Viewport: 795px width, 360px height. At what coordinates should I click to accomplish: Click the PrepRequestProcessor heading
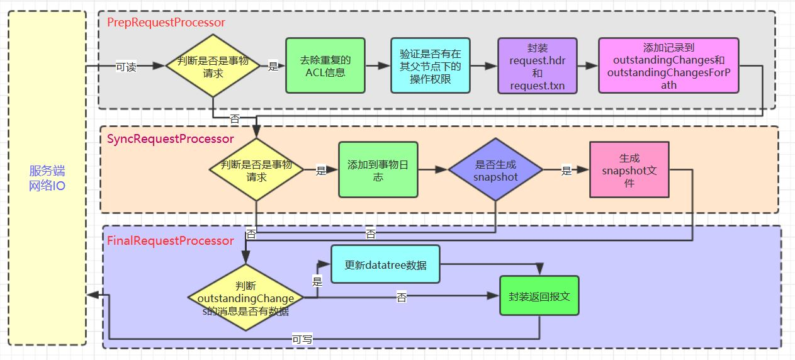point(166,23)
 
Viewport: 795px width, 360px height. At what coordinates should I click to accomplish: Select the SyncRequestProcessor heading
point(170,138)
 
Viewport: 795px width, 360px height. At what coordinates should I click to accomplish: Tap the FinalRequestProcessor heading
point(170,240)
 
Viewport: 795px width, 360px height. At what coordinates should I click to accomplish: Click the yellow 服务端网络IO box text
point(47,178)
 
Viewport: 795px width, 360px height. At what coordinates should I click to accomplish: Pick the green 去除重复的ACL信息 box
point(325,65)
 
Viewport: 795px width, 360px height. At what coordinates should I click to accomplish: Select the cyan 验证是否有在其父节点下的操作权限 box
point(430,65)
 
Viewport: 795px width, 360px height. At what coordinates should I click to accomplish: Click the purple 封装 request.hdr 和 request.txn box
point(537,66)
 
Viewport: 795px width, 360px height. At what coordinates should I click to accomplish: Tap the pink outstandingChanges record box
point(668,65)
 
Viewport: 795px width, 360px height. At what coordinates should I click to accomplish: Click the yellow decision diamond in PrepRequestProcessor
point(213,66)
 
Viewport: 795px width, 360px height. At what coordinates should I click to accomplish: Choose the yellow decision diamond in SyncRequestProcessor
point(256,170)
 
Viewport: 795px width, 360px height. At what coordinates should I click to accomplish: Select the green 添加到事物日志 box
point(378,170)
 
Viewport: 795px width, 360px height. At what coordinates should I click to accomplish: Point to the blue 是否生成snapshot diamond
point(495,170)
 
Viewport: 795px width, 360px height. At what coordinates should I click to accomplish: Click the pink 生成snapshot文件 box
point(629,170)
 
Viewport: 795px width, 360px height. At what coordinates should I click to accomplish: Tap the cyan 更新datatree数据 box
point(385,265)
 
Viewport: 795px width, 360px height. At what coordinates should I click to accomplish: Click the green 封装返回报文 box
point(539,296)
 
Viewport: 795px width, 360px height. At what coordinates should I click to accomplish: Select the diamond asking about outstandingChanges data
point(245,296)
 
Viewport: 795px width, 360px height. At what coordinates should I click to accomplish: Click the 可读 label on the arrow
point(126,67)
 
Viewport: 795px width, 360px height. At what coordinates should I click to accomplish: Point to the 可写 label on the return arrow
point(302,339)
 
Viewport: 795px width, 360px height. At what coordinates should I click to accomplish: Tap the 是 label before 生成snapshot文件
point(566,170)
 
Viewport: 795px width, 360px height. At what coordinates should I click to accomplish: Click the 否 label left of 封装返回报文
point(402,297)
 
